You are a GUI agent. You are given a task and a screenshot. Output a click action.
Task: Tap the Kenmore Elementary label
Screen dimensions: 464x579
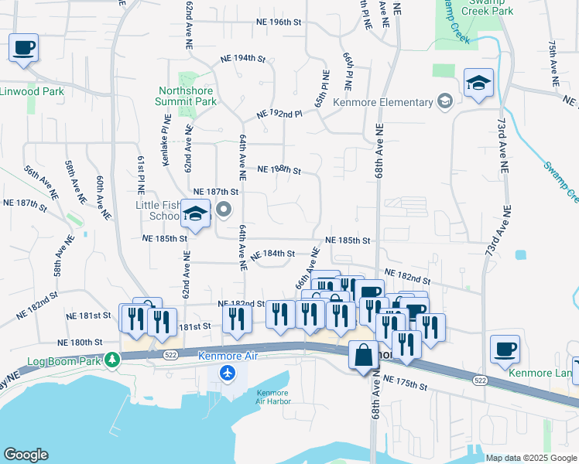click(x=382, y=103)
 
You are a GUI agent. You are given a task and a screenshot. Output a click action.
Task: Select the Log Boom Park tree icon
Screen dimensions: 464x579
click(x=113, y=360)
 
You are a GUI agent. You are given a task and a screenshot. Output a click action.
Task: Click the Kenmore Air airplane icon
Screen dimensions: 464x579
click(x=227, y=374)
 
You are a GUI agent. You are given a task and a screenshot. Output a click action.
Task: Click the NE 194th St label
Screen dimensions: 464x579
click(x=242, y=59)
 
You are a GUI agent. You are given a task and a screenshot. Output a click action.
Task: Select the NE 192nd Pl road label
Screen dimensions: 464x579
click(x=279, y=114)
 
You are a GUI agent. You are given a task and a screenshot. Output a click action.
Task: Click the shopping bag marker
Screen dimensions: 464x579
click(x=364, y=357)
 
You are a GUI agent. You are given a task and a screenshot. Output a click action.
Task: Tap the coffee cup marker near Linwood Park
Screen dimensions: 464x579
click(x=23, y=48)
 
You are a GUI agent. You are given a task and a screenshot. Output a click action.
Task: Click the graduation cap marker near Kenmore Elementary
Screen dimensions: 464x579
click(x=478, y=83)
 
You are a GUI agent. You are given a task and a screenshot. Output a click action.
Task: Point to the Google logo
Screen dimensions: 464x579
click(x=26, y=455)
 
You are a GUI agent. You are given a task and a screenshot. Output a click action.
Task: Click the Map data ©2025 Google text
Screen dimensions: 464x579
click(x=530, y=458)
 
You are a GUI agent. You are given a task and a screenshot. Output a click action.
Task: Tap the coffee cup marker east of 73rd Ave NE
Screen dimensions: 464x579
click(x=505, y=350)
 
